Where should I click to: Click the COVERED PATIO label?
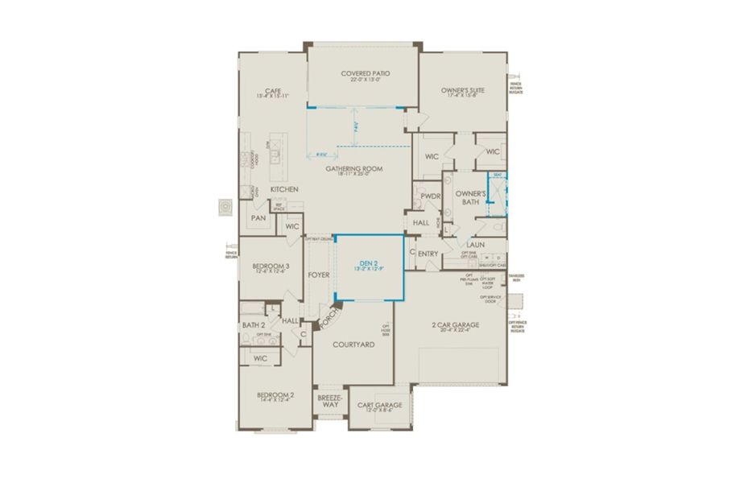364,72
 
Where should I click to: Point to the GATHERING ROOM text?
353,169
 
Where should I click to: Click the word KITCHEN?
284,189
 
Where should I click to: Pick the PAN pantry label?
258,218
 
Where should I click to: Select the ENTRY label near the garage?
428,254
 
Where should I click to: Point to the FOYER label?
319,275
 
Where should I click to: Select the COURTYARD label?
353,344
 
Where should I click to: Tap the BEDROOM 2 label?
275,395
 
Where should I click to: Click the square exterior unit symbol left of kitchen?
225,207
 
